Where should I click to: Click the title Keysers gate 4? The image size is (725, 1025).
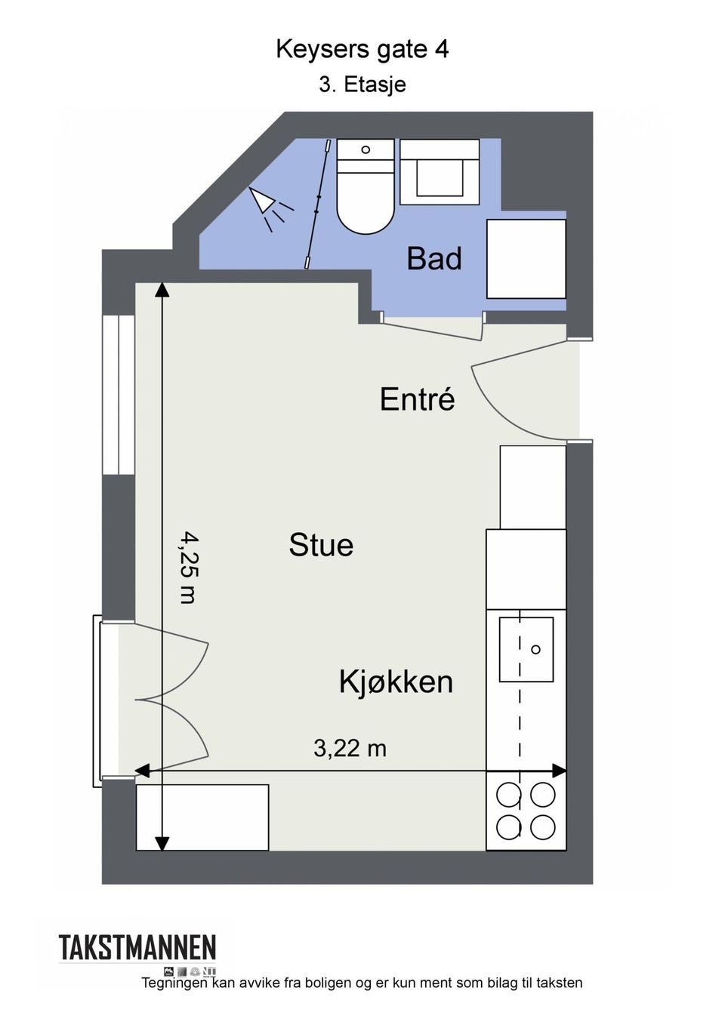point(362,50)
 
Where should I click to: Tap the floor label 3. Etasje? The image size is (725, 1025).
point(362,85)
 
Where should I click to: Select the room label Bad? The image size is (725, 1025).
point(433,259)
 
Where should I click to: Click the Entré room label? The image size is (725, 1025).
point(417,399)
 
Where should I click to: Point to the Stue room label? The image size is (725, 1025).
point(321,545)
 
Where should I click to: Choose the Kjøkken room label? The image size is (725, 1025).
point(396,682)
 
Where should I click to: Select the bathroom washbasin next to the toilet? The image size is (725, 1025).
point(440,172)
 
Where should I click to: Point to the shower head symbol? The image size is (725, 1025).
point(264,202)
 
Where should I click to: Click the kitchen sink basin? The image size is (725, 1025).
point(526,649)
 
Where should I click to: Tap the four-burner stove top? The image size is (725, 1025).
point(526,811)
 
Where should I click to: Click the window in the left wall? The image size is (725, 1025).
point(119,394)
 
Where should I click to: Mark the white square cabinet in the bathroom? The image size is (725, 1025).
point(526,259)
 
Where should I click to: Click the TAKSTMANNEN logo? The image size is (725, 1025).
point(137,948)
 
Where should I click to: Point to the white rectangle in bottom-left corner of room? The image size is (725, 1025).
point(202,817)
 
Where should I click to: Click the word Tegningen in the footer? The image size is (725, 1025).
point(174,983)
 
